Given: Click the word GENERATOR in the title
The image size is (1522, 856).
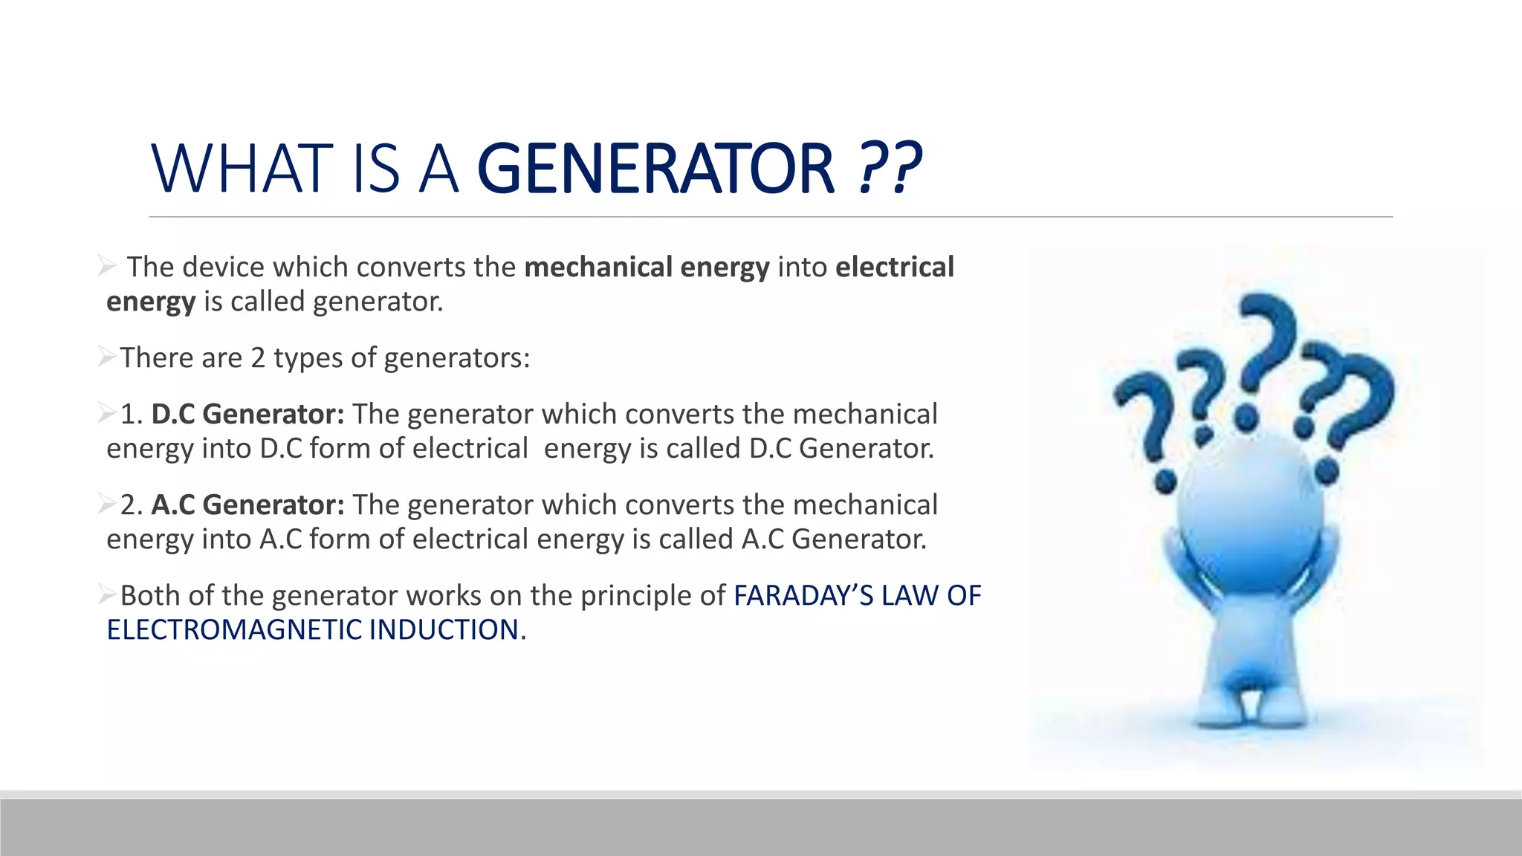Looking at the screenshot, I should coord(655,169).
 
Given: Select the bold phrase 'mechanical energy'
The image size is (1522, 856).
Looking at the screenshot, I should coord(647,267).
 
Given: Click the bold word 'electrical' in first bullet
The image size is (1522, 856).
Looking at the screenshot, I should coord(894,267).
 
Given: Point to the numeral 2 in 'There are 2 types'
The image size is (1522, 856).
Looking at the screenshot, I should coord(258,358).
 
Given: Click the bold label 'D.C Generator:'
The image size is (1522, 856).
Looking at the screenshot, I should coord(247,414).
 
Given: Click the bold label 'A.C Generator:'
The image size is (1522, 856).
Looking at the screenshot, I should coord(247,505).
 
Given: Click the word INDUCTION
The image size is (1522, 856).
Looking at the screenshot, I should coord(444,630).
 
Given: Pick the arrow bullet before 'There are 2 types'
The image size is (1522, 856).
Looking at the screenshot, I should coord(107,357).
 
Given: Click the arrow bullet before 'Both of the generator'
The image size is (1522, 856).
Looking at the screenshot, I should coord(107,594).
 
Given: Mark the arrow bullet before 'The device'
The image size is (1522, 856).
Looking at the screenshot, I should coord(107,265).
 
